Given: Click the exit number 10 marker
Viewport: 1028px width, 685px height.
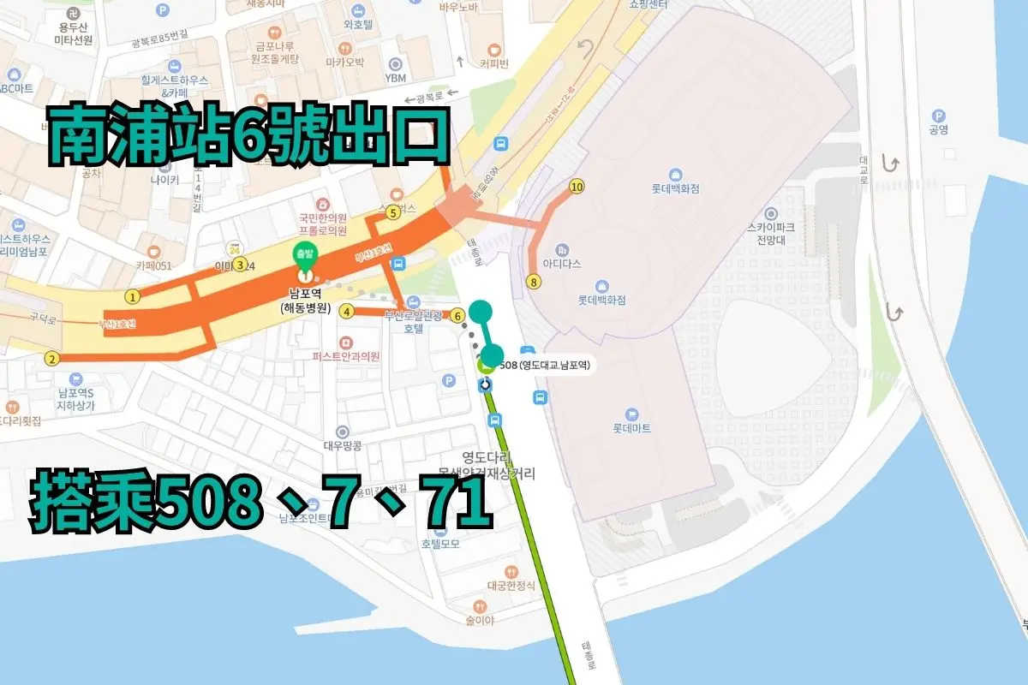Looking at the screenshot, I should pyautogui.click(x=577, y=187).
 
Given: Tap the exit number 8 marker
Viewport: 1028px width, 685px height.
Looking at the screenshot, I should pyautogui.click(x=535, y=281).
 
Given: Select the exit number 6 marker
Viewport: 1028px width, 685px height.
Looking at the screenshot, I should pyautogui.click(x=457, y=315).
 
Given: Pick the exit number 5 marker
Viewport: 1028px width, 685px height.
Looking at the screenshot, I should pyautogui.click(x=347, y=311).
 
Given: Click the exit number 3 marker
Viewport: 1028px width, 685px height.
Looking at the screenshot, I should pyautogui.click(x=241, y=265).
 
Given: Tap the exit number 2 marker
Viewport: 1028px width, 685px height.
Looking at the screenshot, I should pyautogui.click(x=52, y=359).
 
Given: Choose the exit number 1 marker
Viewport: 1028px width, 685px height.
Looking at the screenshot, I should pyautogui.click(x=132, y=297).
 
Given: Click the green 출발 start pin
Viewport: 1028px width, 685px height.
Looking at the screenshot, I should pyautogui.click(x=303, y=253).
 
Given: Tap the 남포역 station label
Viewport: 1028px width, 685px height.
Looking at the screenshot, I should pyautogui.click(x=304, y=294).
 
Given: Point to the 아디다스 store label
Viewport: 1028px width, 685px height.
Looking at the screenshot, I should pyautogui.click(x=562, y=265).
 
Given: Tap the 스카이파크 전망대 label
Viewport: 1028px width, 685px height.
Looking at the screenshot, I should pyautogui.click(x=772, y=235).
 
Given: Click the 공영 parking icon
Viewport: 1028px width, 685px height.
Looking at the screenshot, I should pyautogui.click(x=939, y=116).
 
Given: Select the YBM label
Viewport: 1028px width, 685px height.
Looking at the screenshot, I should pyautogui.click(x=395, y=78).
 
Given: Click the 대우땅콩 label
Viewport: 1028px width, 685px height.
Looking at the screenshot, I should pyautogui.click(x=343, y=445).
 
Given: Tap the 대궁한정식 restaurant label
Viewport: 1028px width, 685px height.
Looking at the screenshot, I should pyautogui.click(x=511, y=586).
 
